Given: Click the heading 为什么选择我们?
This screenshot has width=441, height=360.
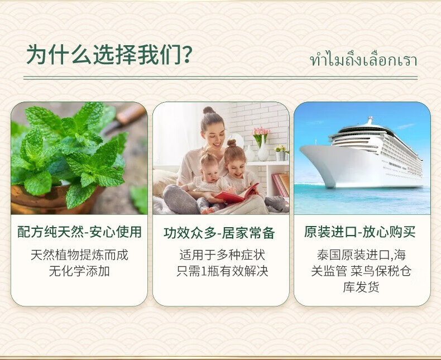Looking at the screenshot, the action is tap(109, 54).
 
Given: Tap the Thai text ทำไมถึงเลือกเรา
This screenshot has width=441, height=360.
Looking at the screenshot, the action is tap(363, 60).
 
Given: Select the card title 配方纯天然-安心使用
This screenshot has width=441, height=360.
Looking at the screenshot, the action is tap(79, 232).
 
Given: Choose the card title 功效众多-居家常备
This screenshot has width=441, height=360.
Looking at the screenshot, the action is tap(219, 233).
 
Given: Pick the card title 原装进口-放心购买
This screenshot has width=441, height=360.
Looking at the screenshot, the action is tap(359, 232).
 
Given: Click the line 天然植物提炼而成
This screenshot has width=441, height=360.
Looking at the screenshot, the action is tap(79, 255).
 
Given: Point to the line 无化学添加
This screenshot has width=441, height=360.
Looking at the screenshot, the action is tap(79, 271).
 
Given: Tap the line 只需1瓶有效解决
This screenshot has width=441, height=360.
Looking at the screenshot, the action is tap(222, 271).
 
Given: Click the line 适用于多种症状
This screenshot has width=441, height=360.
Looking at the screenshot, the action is tap(222, 255).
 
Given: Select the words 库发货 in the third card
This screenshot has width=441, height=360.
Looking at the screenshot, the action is tap(361, 287).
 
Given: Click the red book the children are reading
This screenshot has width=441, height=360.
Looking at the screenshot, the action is tap(236, 194).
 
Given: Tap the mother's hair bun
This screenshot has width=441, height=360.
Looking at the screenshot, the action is tap(208, 110).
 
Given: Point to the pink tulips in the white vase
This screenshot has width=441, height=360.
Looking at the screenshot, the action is tap(262, 132).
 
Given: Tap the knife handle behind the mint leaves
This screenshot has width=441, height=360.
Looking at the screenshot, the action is tap(131, 115).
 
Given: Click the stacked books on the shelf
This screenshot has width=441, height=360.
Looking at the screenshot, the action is tap(280, 185).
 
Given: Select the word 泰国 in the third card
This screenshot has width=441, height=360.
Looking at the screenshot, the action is tap(329, 255).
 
